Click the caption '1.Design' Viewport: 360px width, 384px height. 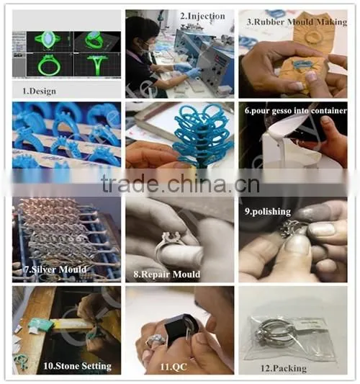click(39, 91)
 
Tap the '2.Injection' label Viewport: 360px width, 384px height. click(202, 16)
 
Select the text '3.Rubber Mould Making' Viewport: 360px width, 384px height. click(297, 22)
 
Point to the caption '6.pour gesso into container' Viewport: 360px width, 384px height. click(296, 111)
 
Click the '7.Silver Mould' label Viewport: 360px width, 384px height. click(55, 269)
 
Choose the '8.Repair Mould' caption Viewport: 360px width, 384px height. click(166, 274)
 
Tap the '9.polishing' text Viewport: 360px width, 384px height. click(268, 212)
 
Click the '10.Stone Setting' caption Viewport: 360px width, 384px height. click(77, 366)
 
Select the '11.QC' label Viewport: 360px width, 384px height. click(174, 367)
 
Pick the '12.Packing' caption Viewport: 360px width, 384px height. click(284, 368)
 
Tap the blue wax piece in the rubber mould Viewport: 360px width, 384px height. click(302, 65)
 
